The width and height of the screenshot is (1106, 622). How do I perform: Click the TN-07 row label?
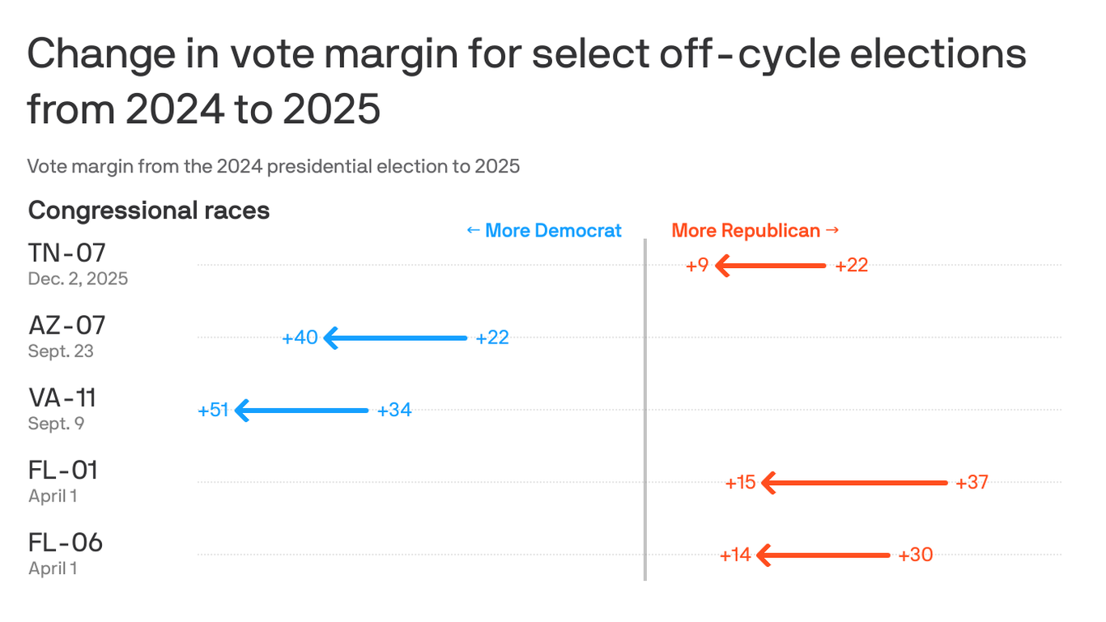click(67, 253)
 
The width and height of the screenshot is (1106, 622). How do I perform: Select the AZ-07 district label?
click(67, 326)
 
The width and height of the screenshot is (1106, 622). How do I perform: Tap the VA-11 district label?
click(62, 398)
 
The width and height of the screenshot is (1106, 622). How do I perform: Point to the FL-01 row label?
click(63, 470)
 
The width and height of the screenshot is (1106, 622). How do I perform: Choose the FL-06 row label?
click(66, 542)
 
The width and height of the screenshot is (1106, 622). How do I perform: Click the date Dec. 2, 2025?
click(78, 279)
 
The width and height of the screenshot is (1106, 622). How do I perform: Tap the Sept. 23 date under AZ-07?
click(61, 351)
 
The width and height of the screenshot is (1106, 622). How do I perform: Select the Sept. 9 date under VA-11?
click(56, 424)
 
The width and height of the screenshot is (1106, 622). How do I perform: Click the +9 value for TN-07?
click(697, 266)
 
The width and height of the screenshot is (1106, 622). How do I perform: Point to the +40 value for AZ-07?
click(300, 338)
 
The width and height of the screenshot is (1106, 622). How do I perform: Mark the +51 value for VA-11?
click(214, 411)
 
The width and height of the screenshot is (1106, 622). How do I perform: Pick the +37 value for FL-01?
click(972, 483)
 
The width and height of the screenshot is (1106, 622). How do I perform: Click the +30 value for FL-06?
click(916, 556)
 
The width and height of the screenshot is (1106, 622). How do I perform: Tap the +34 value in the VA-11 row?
click(394, 411)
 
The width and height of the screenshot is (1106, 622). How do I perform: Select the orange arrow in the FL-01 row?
click(854, 483)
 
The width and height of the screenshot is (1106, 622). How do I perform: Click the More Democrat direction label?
click(544, 231)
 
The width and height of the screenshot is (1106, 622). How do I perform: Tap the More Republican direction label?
click(755, 231)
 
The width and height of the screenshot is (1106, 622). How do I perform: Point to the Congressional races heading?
click(149, 211)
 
